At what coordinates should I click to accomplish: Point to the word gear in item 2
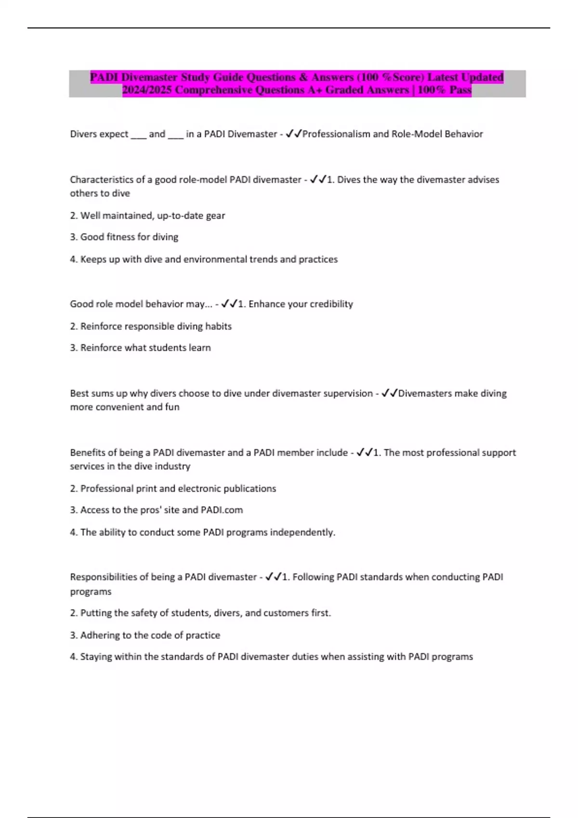click(x=215, y=216)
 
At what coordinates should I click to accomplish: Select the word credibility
click(x=331, y=304)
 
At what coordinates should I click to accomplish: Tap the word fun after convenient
click(x=172, y=407)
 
